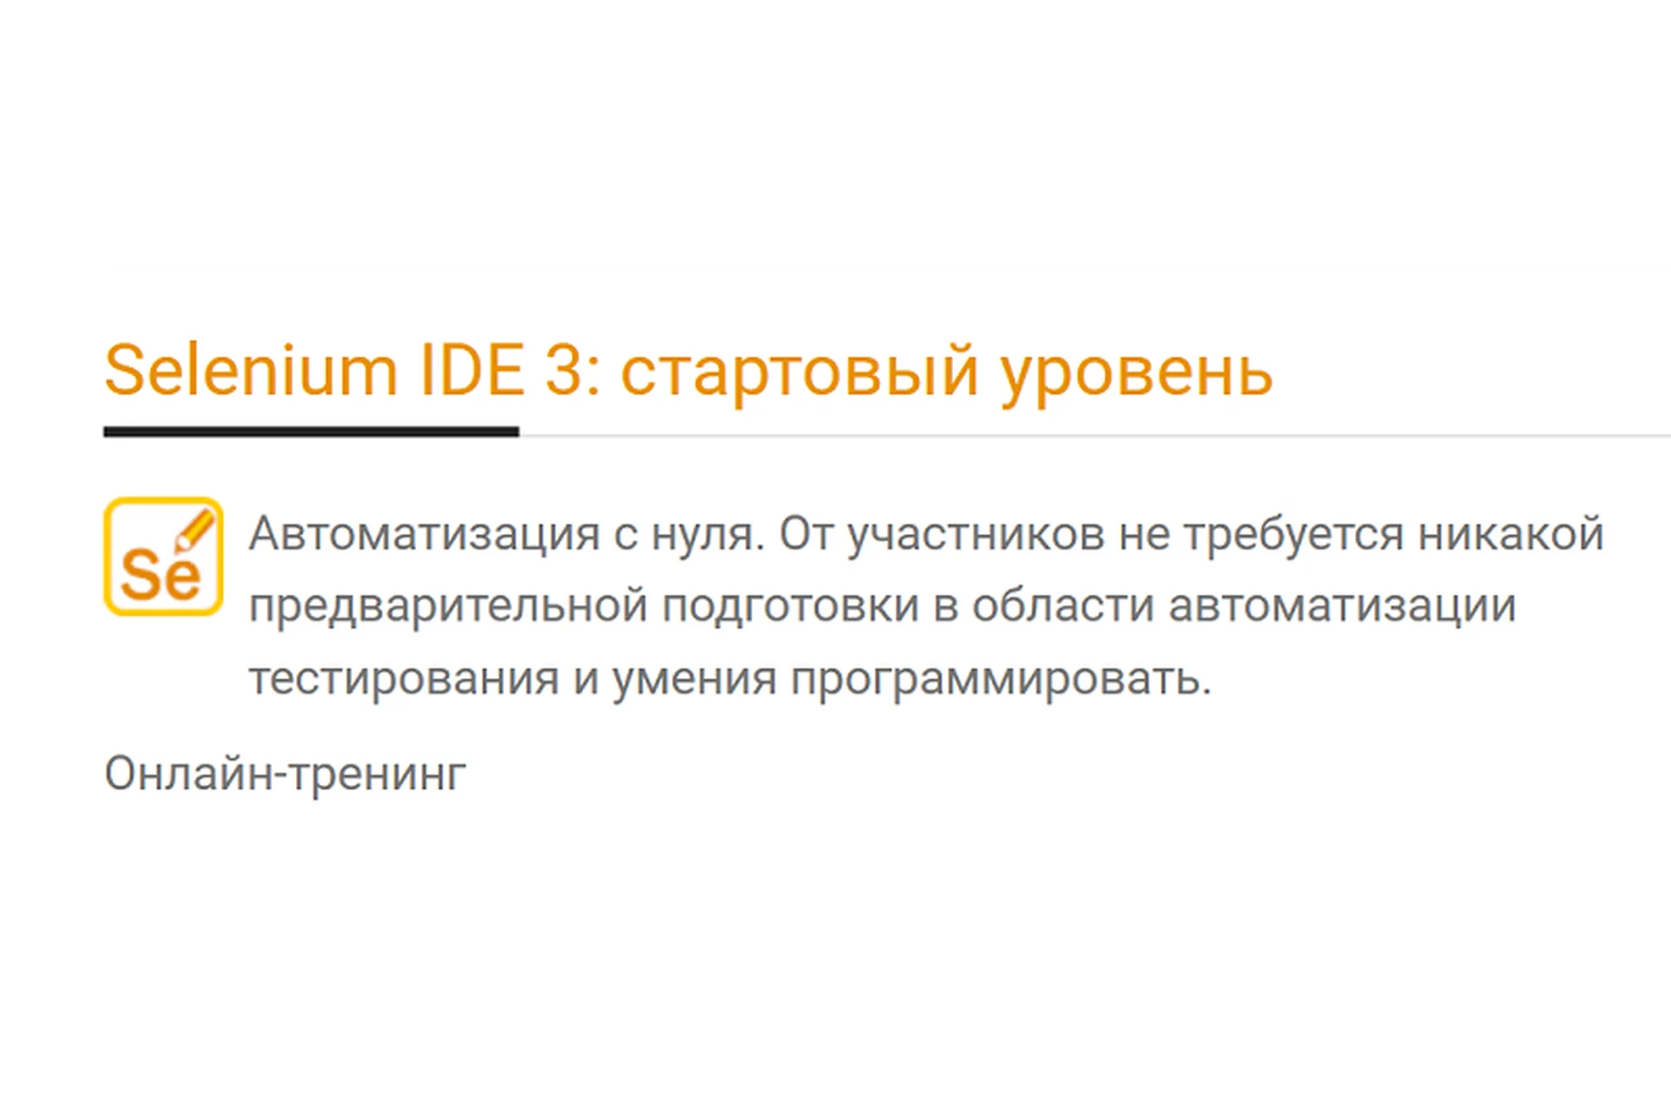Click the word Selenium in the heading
click(x=251, y=371)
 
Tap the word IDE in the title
click(x=472, y=371)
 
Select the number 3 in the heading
click(x=564, y=371)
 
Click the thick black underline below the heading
click(x=311, y=432)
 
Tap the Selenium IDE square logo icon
click(x=163, y=557)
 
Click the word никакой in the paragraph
click(x=1511, y=534)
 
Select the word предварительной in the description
click(x=448, y=607)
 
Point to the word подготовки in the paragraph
click(x=790, y=607)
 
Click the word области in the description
click(x=1063, y=607)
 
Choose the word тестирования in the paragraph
click(x=404, y=679)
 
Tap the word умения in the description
click(x=694, y=679)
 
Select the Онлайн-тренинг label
click(x=285, y=773)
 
